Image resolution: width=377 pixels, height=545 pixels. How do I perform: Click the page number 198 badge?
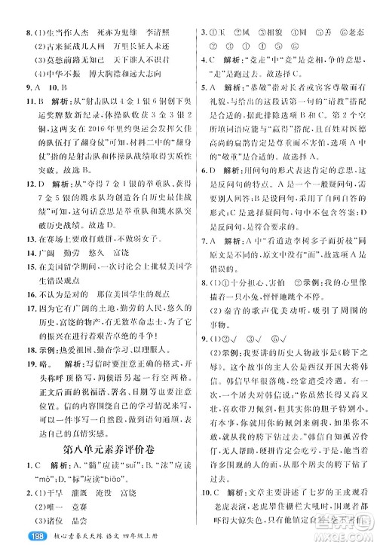17,534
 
